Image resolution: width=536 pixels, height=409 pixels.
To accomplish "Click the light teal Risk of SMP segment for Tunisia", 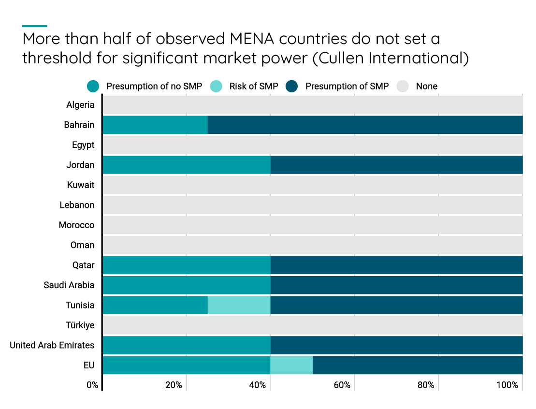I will (x=239, y=305).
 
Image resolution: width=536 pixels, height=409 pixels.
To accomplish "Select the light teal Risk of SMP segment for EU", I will (x=291, y=365).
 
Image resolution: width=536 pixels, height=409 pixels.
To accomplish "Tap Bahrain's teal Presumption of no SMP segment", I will (x=155, y=125).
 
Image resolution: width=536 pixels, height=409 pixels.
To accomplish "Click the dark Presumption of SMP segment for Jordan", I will (x=396, y=165).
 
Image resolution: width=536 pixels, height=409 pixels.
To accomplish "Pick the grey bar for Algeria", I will (x=312, y=105).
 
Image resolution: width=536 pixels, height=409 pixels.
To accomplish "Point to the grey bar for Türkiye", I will (x=312, y=325).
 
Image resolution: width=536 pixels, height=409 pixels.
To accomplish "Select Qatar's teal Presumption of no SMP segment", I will (x=186, y=265).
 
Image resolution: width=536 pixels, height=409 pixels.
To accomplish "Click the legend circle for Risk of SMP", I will (x=216, y=87).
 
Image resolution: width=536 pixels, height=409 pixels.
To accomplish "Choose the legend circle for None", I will (x=403, y=87).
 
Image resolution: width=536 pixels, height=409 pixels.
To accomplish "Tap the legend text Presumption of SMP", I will (x=347, y=87).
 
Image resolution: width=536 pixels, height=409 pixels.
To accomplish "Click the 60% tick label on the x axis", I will (x=342, y=385).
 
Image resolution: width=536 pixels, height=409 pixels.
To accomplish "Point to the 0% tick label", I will (x=92, y=385).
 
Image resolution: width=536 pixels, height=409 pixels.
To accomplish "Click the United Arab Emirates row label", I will (x=52, y=345).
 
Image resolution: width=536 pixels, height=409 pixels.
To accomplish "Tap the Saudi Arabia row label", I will (x=69, y=285).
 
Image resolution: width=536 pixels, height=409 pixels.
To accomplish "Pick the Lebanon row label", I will (x=77, y=205).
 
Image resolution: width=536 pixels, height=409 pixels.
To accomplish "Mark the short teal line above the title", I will (x=35, y=26).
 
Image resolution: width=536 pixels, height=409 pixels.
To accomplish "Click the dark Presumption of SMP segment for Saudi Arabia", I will (x=396, y=285).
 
